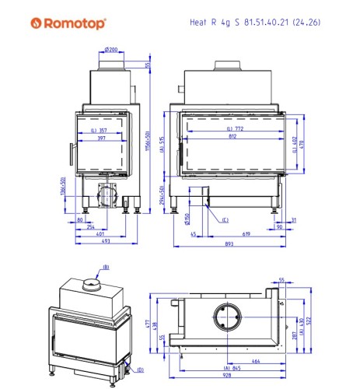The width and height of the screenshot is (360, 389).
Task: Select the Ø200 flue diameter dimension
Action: pos(110,50)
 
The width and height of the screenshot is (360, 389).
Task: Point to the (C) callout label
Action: pos(225,220)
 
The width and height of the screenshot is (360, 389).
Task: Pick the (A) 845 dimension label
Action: pos(232,366)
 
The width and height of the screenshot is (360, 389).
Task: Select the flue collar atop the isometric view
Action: pos(92,286)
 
